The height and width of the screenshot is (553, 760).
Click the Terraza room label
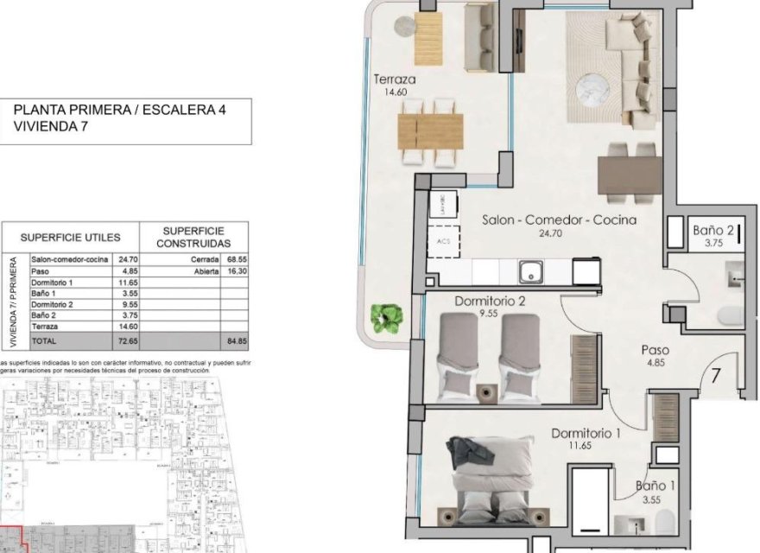395,80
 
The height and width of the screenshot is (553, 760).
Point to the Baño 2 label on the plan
713,231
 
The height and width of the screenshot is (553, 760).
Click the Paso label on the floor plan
656,351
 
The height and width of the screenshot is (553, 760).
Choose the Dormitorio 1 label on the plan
587,434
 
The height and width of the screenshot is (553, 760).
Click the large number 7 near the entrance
717,377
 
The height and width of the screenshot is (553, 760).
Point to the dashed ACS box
444,241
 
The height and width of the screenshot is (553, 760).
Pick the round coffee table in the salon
593,86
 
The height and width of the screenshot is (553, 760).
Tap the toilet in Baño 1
664,522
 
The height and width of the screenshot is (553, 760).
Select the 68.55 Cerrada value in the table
235,259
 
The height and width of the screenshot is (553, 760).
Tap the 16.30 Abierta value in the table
235,271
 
